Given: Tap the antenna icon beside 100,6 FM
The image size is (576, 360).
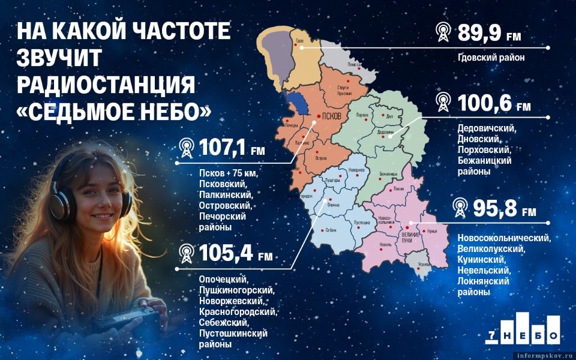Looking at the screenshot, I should click(443, 102).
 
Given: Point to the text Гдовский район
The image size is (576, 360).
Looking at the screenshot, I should click(491, 58).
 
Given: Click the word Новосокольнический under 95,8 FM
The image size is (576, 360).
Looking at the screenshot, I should click(503, 238).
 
